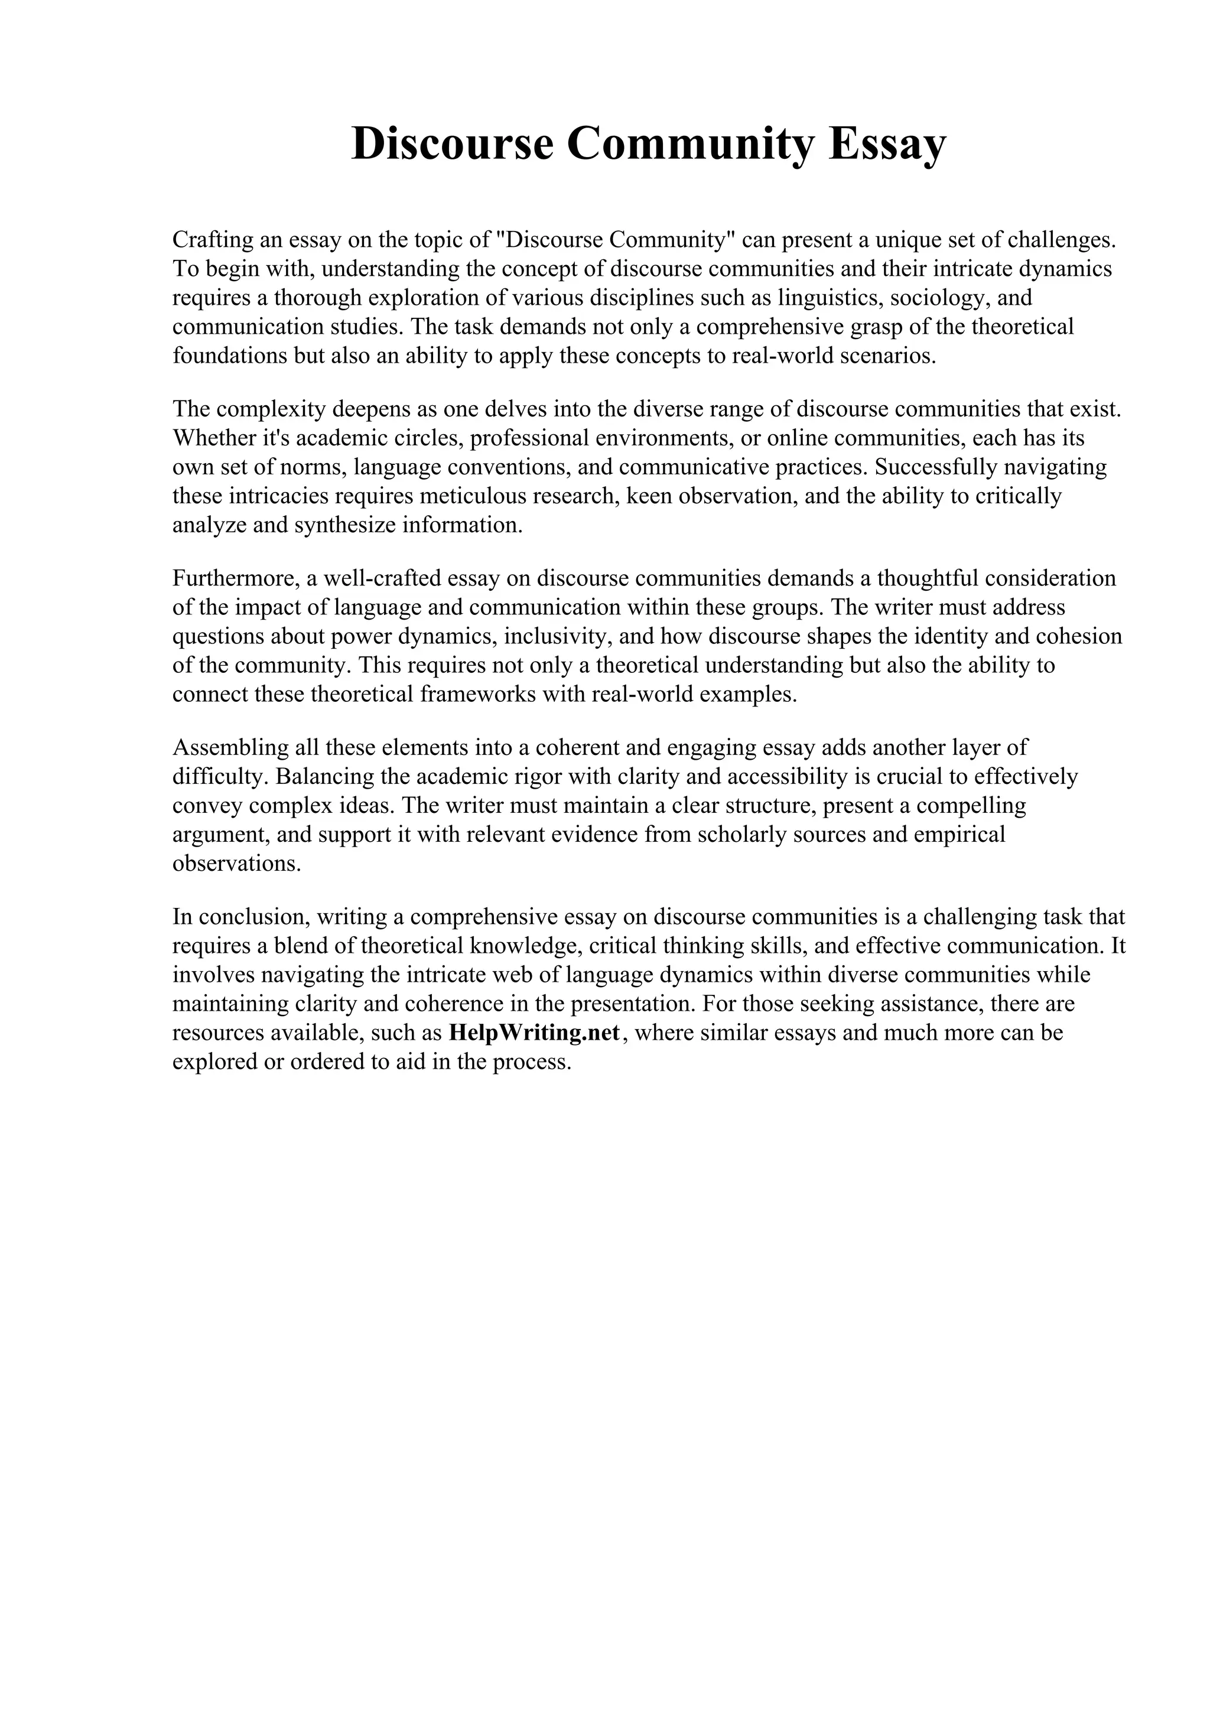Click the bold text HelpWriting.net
[535, 1033]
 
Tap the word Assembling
[228, 747]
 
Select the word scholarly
[740, 834]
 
